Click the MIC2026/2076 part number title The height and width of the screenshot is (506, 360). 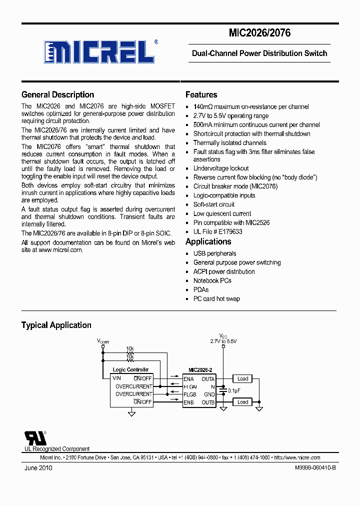tap(259, 33)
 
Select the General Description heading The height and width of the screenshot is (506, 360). tap(57, 94)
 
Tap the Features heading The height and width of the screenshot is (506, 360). tap(201, 94)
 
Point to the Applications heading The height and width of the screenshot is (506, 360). tap(208, 241)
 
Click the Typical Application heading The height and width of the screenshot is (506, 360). tap(56, 325)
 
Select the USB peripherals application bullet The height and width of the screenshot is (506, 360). tap(214, 253)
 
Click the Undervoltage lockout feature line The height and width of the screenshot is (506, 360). tap(220, 168)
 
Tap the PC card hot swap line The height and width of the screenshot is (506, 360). tap(216, 298)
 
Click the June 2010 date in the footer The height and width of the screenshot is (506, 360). tap(38, 468)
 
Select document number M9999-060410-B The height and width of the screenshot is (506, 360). tap(312, 468)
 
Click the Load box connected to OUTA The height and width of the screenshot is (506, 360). tap(242, 379)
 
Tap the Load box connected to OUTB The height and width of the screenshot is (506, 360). tap(242, 402)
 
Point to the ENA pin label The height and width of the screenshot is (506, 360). tap(188, 379)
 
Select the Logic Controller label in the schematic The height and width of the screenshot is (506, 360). tap(131, 370)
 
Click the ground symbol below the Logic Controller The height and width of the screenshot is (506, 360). tap(131, 413)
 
